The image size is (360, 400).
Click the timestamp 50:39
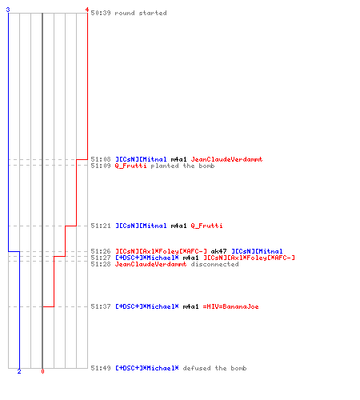click(x=101, y=13)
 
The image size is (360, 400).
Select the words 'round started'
click(x=141, y=13)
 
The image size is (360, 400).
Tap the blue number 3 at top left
click(x=8, y=10)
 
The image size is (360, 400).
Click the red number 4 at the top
click(x=86, y=10)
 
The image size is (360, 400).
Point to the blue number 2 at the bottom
click(x=19, y=371)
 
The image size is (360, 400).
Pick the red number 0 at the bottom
click(x=42, y=371)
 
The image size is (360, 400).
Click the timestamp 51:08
click(x=101, y=159)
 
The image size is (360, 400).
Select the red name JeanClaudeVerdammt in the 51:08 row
click(x=226, y=159)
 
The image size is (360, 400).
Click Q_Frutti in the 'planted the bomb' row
click(x=130, y=166)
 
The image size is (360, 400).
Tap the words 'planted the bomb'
click(x=182, y=166)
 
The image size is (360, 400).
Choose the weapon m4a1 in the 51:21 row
click(x=178, y=226)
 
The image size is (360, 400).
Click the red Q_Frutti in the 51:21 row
click(x=206, y=226)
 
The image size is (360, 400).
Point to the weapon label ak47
click(x=218, y=251)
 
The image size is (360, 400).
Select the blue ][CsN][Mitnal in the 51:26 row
click(x=257, y=251)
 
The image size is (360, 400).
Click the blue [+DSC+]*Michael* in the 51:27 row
click(x=147, y=258)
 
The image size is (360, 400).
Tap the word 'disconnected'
click(x=214, y=264)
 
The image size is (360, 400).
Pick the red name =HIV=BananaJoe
click(x=230, y=306)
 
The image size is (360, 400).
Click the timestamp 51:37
click(x=101, y=306)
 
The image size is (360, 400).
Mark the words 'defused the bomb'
click(x=214, y=368)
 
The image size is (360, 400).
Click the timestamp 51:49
click(x=101, y=368)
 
